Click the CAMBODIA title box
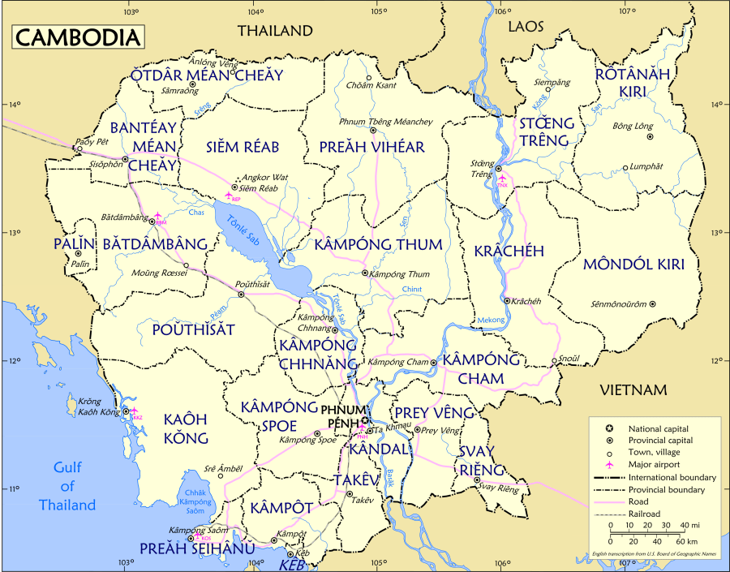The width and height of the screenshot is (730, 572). pyautogui.click(x=77, y=37)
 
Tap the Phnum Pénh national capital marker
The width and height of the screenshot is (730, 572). pyautogui.click(x=365, y=420)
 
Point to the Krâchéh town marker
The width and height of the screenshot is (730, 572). pyautogui.click(x=507, y=300)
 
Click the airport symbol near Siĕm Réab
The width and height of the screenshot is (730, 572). pyautogui.click(x=229, y=196)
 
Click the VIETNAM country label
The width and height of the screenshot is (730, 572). pyautogui.click(x=633, y=390)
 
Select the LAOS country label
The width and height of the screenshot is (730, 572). pyautogui.click(x=526, y=28)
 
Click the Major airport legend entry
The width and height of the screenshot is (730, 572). pyautogui.click(x=659, y=464)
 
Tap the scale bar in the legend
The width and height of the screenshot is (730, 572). pyautogui.click(x=648, y=533)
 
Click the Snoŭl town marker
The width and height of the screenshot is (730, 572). pyautogui.click(x=554, y=361)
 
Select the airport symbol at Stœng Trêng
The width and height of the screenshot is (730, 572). pyautogui.click(x=502, y=178)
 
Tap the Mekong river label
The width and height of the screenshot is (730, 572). pyautogui.click(x=490, y=320)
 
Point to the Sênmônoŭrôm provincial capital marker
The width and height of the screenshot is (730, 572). pyautogui.click(x=652, y=304)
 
